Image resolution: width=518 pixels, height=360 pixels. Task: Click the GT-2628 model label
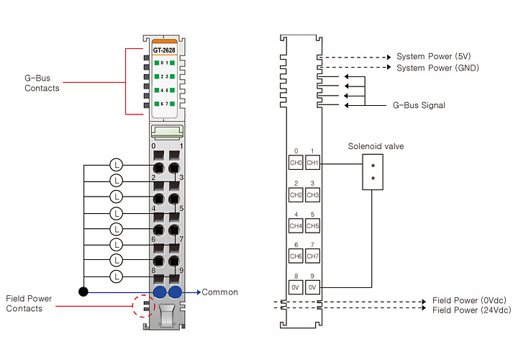pyautogui.click(x=164, y=50)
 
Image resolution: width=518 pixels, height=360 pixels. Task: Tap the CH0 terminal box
pyautogui.click(x=296, y=162)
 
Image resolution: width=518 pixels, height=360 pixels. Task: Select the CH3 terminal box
pyautogui.click(x=312, y=194)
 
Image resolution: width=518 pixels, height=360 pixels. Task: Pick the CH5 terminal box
pyautogui.click(x=312, y=226)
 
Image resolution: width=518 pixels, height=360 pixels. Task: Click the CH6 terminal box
pyautogui.click(x=296, y=256)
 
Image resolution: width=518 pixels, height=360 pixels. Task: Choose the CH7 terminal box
pyautogui.click(x=312, y=256)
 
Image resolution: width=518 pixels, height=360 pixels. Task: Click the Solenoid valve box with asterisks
pyautogui.click(x=373, y=172)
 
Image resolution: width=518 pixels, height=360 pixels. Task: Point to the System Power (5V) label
pyautogui.click(x=433, y=56)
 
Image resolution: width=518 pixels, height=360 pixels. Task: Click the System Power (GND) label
pyautogui.click(x=437, y=68)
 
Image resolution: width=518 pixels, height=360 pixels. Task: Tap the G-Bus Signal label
pyautogui.click(x=419, y=105)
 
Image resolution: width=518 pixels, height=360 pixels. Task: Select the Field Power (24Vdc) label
pyautogui.click(x=471, y=310)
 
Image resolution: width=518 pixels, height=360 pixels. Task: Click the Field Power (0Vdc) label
pyautogui.click(x=469, y=300)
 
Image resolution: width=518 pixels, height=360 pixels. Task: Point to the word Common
pyautogui.click(x=219, y=292)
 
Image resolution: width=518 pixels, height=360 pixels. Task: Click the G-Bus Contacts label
pyautogui.click(x=42, y=83)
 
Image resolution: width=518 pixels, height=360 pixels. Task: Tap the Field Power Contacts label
pyautogui.click(x=29, y=303)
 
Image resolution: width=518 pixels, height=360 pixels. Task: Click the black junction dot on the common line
pyautogui.click(x=83, y=292)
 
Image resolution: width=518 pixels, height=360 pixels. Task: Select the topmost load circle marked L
pyautogui.click(x=116, y=165)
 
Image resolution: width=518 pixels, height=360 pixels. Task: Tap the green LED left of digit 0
pyautogui.click(x=157, y=63)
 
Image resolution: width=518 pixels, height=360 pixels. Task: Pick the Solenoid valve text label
pyautogui.click(x=376, y=146)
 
